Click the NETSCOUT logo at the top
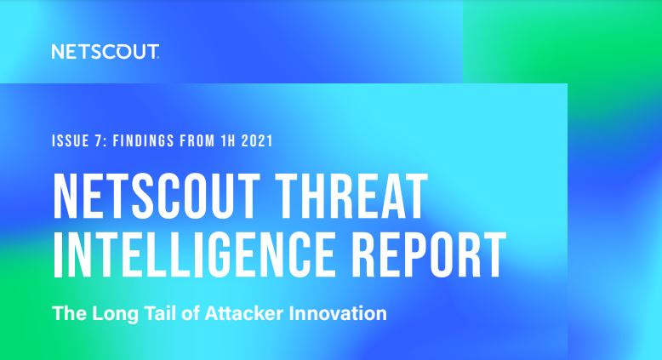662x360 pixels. point(106,51)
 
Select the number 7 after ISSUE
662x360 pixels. point(100,141)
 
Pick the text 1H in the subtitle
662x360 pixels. point(227,141)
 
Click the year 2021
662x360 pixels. point(257,141)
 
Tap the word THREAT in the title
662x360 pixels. point(352,197)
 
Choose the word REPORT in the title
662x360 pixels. point(429,254)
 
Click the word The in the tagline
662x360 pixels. point(69,313)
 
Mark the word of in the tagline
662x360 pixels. point(191,313)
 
